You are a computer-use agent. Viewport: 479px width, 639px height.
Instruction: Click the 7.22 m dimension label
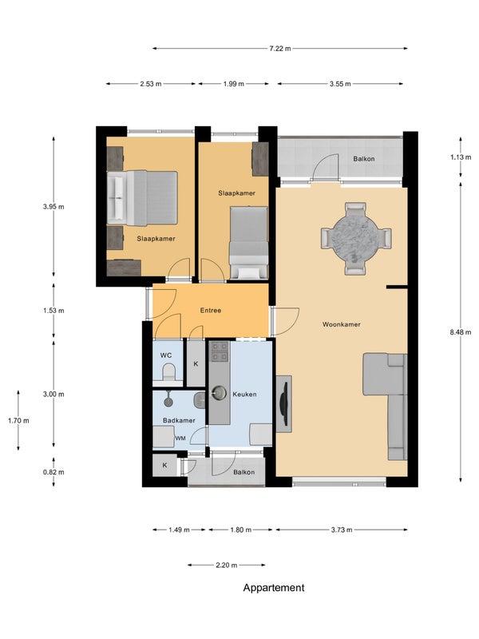280,49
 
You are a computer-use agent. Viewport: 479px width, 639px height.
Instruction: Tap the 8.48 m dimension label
461,332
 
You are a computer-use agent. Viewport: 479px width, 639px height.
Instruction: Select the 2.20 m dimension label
226,566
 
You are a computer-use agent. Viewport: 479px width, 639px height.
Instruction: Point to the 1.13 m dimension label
461,157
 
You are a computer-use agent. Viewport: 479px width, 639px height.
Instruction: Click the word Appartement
274,588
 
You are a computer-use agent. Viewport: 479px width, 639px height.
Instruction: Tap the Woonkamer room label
342,324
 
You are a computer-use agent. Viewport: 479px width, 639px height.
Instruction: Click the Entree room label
211,311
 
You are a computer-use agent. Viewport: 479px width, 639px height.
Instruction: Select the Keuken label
244,394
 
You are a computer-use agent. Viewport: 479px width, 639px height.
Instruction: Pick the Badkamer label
179,420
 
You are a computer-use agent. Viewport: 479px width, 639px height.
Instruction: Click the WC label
166,355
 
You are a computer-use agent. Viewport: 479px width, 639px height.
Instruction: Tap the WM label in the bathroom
180,439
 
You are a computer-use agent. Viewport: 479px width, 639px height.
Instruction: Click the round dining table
355,238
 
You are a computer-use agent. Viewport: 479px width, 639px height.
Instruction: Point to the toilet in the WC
168,372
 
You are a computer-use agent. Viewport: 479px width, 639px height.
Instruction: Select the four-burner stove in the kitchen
219,351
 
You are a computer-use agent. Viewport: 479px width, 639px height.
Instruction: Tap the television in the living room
285,404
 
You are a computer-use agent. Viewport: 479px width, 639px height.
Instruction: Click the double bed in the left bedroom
142,198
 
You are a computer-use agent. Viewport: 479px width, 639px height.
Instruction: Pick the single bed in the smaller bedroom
248,243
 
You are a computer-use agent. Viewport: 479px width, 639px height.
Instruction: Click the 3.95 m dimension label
53,207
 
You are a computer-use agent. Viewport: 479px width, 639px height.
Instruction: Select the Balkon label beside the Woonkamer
364,159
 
